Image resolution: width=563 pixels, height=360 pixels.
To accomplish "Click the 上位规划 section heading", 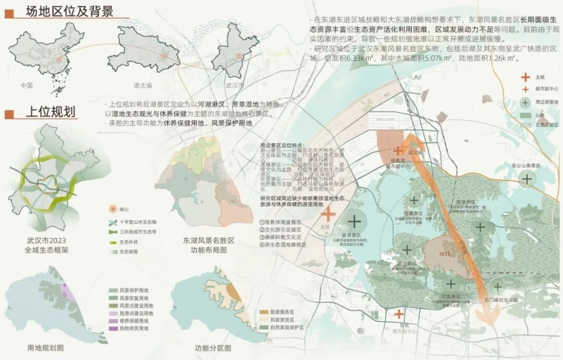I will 51,112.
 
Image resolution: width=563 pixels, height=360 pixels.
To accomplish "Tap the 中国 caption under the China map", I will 27,85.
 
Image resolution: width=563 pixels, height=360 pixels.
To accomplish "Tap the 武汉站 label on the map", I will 415,152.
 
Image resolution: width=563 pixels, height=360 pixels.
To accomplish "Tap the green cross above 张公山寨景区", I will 527,178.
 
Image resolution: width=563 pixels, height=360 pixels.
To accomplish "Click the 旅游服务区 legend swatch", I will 263,311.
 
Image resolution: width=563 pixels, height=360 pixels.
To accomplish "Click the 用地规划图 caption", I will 45,347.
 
